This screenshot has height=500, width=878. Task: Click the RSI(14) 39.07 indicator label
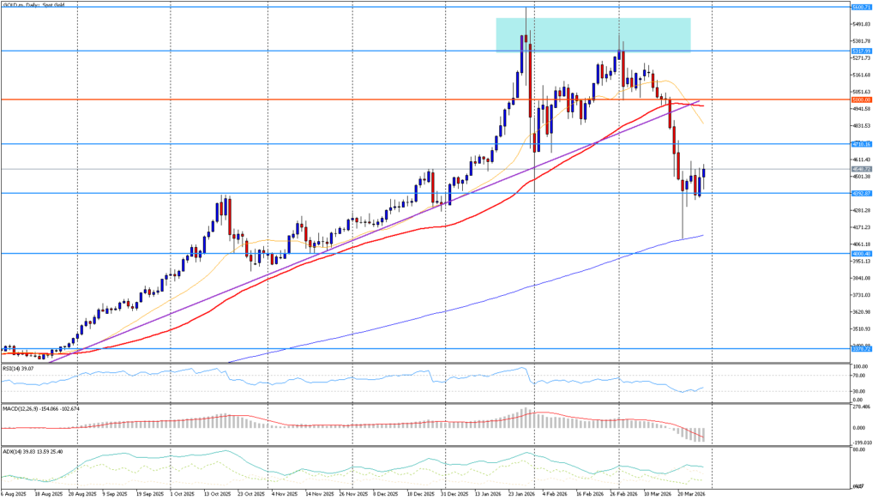click(x=19, y=368)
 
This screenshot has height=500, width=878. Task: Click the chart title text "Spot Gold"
click(x=54, y=4)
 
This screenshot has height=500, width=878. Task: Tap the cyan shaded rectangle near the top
click(x=592, y=35)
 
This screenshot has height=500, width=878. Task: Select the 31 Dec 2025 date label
click(x=456, y=495)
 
